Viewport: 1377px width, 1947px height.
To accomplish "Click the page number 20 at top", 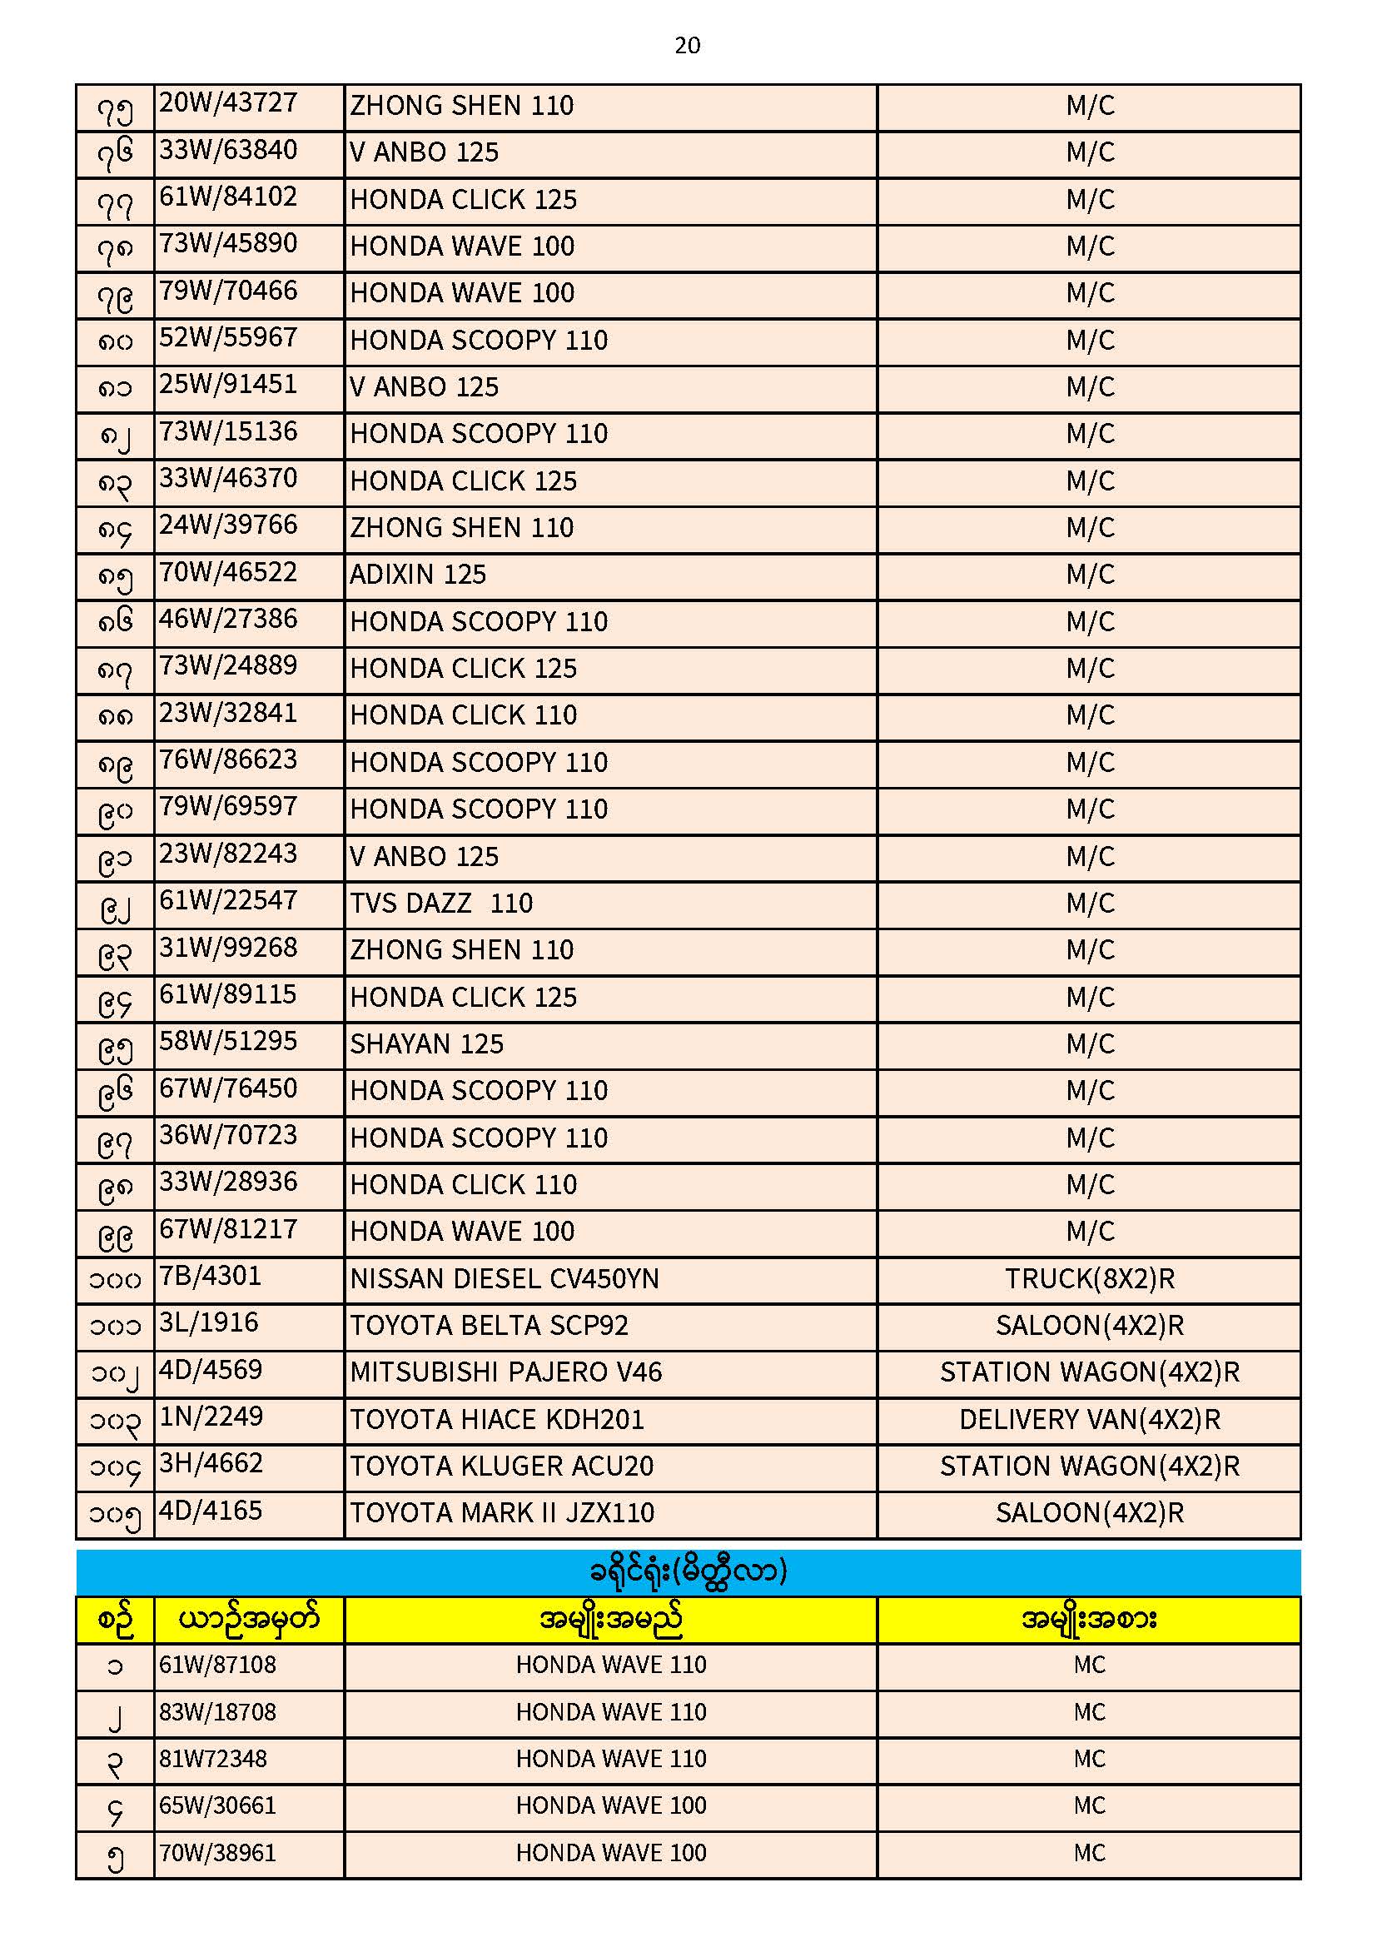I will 687,46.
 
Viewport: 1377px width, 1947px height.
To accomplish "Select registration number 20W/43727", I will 228,103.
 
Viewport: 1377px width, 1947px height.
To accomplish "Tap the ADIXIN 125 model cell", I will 418,575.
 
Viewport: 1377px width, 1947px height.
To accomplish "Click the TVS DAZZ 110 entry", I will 441,903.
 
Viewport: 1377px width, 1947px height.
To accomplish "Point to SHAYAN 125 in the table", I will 426,1044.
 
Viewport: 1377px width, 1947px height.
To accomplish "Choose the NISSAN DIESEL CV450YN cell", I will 505,1279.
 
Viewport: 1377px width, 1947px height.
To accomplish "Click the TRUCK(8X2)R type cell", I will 1089,1279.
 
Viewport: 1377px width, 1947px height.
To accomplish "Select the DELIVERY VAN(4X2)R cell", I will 1089,1420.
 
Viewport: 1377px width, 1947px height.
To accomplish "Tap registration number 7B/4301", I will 211,1277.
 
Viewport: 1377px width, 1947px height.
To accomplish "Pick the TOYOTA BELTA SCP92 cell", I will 490,1326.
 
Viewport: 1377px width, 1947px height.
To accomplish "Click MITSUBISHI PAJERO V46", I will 505,1372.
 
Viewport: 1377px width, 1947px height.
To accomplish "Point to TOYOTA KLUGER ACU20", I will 502,1466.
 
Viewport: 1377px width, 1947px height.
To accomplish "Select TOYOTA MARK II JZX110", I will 502,1513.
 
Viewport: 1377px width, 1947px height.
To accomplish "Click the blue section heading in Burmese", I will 688,1571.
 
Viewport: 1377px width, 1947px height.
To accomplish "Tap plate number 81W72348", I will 213,1759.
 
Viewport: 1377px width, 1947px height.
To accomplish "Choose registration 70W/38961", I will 218,1853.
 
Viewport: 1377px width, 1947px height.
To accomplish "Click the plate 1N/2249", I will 211,1417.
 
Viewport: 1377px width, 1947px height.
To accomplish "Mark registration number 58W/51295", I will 228,1041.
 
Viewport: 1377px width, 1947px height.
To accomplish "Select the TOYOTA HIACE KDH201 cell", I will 497,1420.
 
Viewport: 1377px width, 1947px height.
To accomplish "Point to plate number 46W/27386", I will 228,619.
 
